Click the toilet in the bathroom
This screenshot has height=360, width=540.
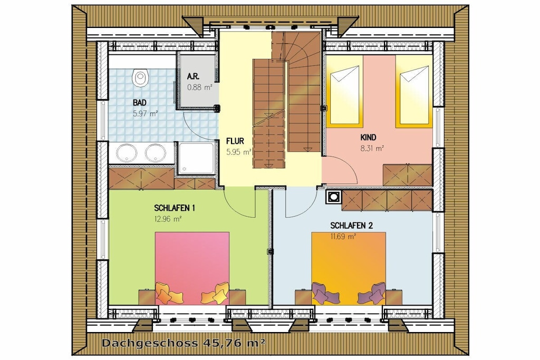140,78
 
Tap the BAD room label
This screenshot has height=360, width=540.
139,103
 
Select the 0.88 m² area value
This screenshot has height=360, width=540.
199,87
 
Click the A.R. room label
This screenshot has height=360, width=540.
193,76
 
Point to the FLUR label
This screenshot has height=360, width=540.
235,141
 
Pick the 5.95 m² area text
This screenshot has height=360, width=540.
239,152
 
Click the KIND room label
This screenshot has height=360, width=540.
368,138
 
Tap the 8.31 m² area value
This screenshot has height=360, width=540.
372,149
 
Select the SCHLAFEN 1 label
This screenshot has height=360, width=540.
175,208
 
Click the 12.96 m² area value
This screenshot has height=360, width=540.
168,219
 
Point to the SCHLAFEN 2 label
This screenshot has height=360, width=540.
351,226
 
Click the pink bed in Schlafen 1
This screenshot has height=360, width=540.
192,268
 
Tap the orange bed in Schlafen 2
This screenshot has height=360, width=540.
349,268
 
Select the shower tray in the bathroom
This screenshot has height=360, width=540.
196,158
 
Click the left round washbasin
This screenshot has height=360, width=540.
126,153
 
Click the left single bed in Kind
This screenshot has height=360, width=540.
345,91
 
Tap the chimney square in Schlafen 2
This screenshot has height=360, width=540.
333,197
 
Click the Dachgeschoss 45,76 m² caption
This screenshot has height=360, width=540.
184,343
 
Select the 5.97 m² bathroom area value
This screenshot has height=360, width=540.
146,113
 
